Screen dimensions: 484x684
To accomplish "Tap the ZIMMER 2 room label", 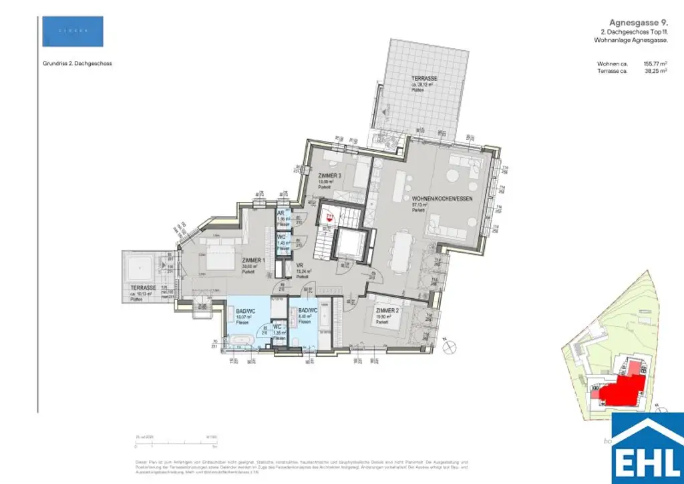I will tap(387, 312).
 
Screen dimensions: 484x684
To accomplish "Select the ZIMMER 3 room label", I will tap(330, 175).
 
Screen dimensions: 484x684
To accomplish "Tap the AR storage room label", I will tap(281, 213).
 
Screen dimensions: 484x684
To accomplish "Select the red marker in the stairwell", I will tap(328, 216).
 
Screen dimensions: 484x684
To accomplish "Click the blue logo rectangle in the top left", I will tap(73, 31).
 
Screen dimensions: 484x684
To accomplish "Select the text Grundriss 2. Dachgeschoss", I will tap(76, 64).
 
